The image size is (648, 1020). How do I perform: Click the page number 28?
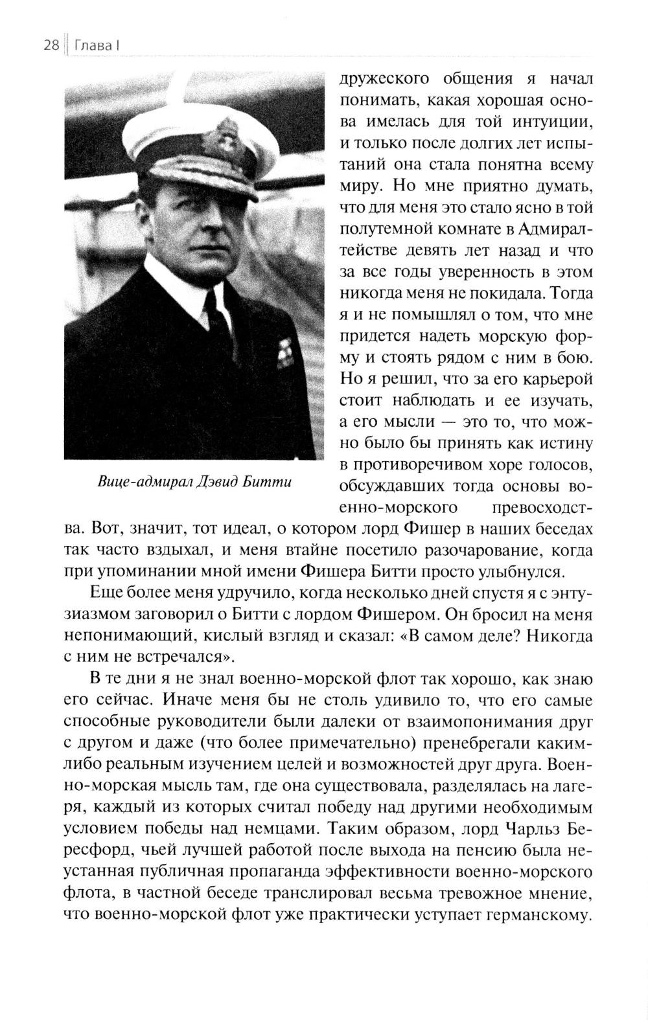point(52,46)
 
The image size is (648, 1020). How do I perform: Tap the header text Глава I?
point(98,46)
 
